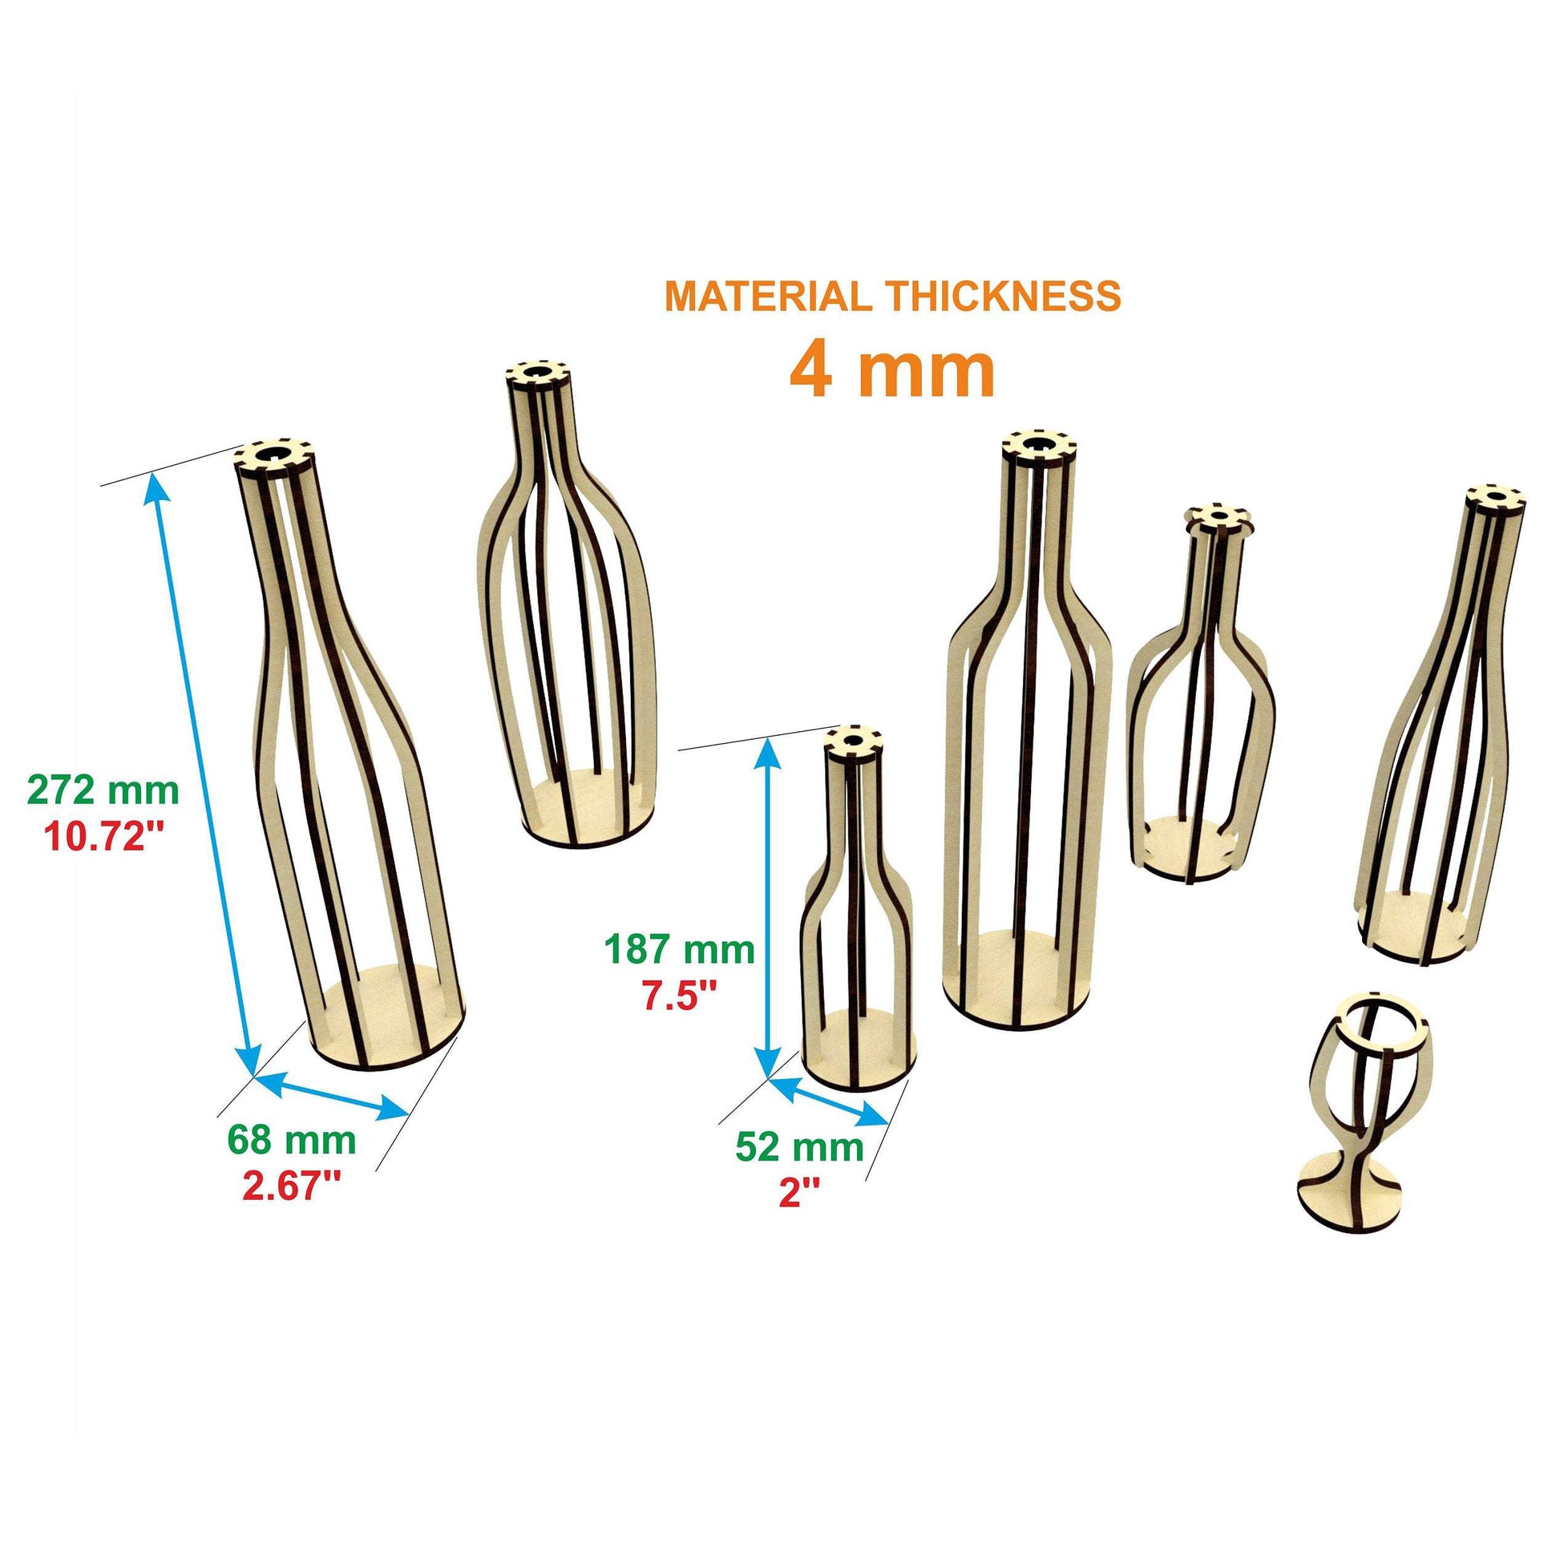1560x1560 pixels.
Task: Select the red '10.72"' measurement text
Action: click(103, 839)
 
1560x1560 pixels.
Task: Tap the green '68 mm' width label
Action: click(292, 1140)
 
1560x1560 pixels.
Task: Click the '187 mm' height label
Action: click(681, 950)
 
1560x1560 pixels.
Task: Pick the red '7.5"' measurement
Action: click(680, 996)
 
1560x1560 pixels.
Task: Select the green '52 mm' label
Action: click(799, 1146)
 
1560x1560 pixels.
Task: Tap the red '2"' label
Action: click(799, 1194)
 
